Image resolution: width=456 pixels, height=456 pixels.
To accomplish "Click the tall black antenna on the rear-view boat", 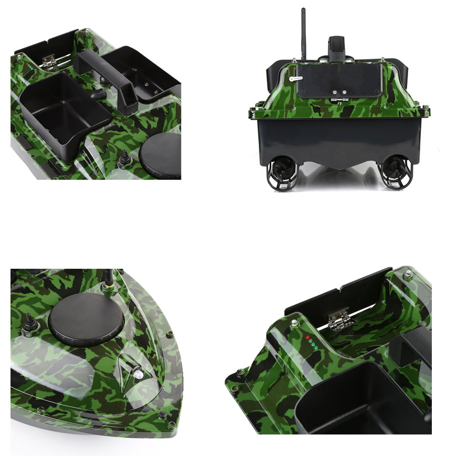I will [x=303, y=32].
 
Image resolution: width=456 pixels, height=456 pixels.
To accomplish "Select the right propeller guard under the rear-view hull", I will [x=395, y=174].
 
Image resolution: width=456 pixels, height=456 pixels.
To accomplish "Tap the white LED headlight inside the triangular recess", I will [x=136, y=374].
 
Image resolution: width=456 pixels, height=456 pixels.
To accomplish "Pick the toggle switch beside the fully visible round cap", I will [x=28, y=322].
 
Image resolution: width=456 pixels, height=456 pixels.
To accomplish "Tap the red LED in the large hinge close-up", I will [x=308, y=338].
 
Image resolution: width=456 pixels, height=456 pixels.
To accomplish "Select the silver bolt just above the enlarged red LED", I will [x=295, y=324].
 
